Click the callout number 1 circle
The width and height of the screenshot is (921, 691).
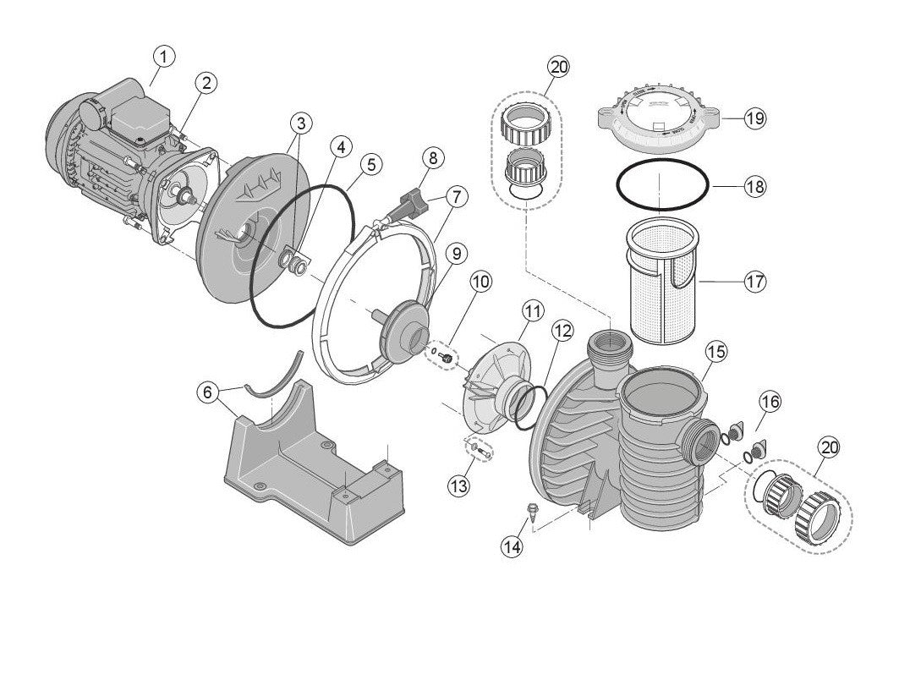164,57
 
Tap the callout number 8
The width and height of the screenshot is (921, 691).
432,157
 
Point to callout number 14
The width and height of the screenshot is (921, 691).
511,546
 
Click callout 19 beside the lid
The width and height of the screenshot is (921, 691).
754,118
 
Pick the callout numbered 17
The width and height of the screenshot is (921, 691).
754,281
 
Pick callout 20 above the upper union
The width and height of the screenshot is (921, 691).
559,66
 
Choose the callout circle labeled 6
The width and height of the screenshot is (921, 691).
206,392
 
